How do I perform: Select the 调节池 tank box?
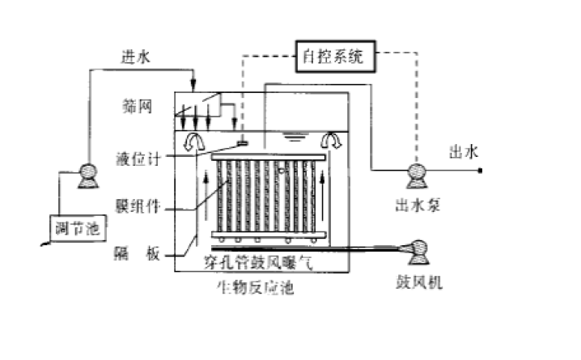tap(72, 229)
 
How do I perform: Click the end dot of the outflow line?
tap(481, 171)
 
